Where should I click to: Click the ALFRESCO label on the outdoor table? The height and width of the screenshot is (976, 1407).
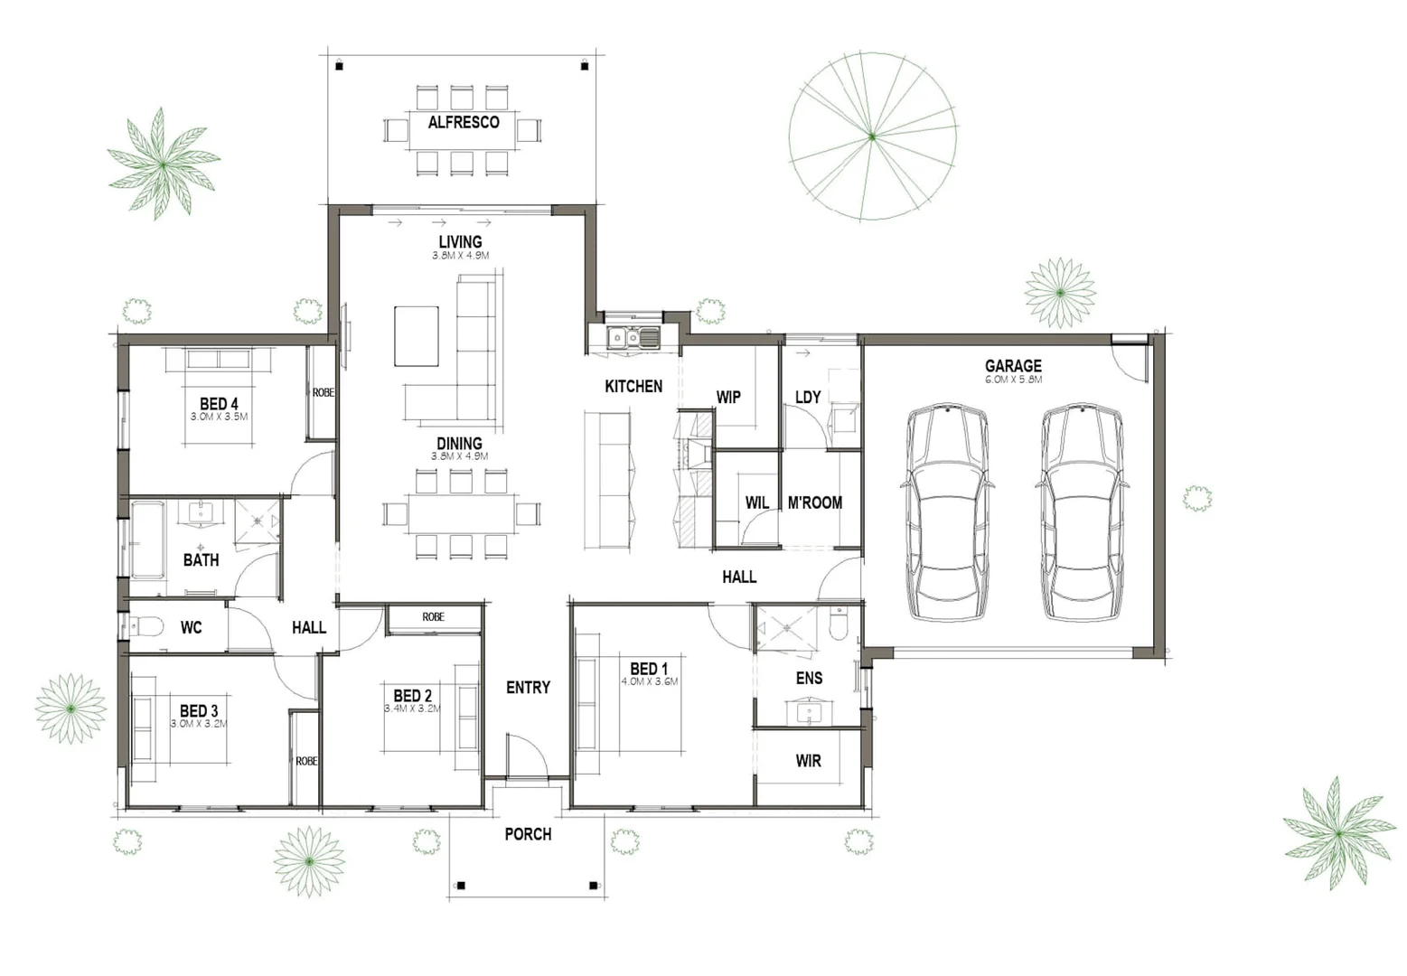(x=464, y=122)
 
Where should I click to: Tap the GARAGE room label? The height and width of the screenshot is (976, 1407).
(x=1013, y=365)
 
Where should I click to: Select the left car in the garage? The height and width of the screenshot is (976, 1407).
(x=947, y=511)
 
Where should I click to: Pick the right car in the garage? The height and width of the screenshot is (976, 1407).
(x=1082, y=511)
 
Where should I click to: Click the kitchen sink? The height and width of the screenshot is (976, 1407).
(x=633, y=338)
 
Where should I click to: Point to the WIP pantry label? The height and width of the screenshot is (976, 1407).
(x=728, y=397)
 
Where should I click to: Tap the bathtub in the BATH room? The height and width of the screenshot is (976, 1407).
(x=147, y=540)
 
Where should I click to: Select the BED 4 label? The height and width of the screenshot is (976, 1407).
(x=219, y=403)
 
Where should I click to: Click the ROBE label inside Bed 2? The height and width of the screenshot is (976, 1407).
(x=433, y=617)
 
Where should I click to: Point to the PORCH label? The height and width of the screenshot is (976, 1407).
(x=528, y=834)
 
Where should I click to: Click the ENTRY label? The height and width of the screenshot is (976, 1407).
(x=528, y=688)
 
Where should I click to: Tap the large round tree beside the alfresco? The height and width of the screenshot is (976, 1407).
(x=872, y=136)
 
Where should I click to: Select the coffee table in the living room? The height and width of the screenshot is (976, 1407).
(x=417, y=336)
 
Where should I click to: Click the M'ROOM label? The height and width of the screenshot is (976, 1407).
(x=814, y=502)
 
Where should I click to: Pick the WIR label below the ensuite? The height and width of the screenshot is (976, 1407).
(x=808, y=761)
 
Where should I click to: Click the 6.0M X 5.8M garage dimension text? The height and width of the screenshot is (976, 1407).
(x=1013, y=380)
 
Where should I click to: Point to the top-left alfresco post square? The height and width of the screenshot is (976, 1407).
(x=340, y=66)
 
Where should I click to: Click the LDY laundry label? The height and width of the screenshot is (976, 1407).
(x=808, y=397)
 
